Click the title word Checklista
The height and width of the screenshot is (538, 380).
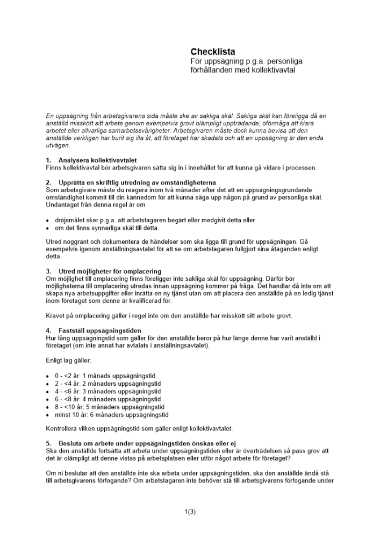(213, 52)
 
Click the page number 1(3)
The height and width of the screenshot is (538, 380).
(190, 512)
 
